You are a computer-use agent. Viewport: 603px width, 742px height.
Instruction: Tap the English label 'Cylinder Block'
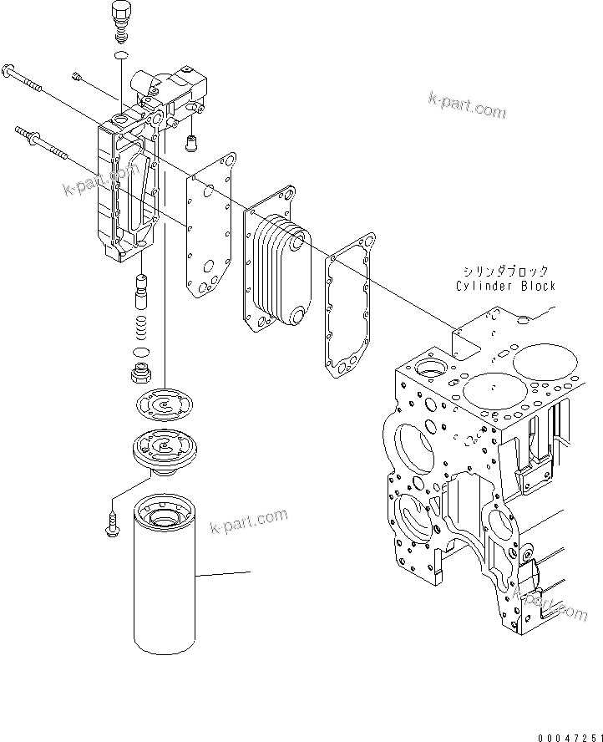505,286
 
